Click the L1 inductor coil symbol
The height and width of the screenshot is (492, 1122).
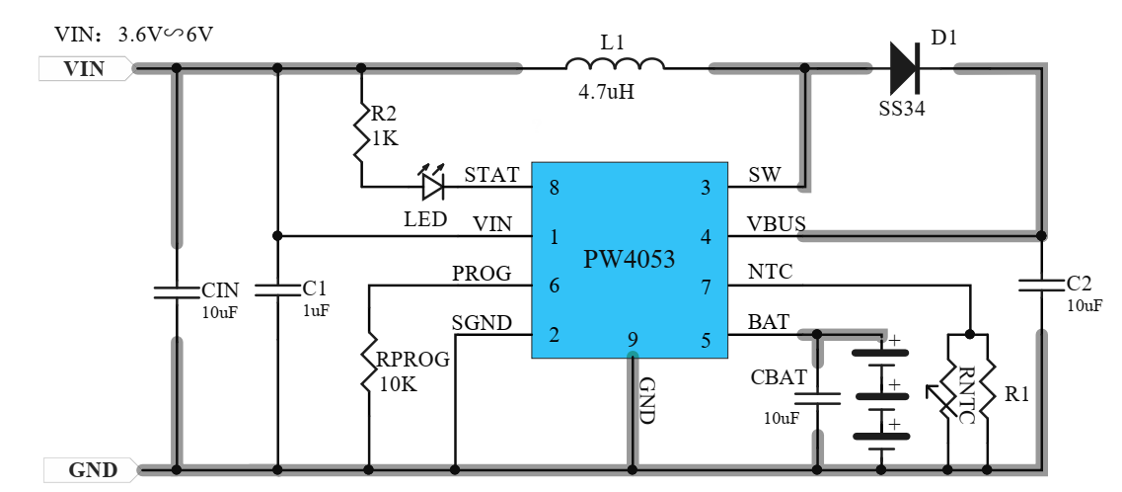tap(615, 64)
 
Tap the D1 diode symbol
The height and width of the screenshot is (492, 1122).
tap(905, 69)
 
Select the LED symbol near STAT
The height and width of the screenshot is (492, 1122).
tap(433, 184)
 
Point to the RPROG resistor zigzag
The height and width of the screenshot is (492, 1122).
tap(368, 362)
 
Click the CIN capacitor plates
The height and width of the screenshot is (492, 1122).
tap(176, 290)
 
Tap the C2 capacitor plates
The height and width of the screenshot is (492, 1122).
tap(1041, 286)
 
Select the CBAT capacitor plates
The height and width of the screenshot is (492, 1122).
tap(817, 399)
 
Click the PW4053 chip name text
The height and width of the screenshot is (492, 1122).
tap(629, 259)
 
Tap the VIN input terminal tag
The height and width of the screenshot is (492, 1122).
tap(85, 69)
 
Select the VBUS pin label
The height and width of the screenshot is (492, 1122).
tap(777, 223)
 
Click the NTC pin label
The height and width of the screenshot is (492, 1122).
tap(770, 272)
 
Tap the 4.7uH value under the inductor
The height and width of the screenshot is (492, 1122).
tap(606, 92)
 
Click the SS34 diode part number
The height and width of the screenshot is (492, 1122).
tap(902, 109)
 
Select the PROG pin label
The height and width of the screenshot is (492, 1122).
tap(482, 273)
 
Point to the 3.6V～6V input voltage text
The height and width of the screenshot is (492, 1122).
tap(166, 34)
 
